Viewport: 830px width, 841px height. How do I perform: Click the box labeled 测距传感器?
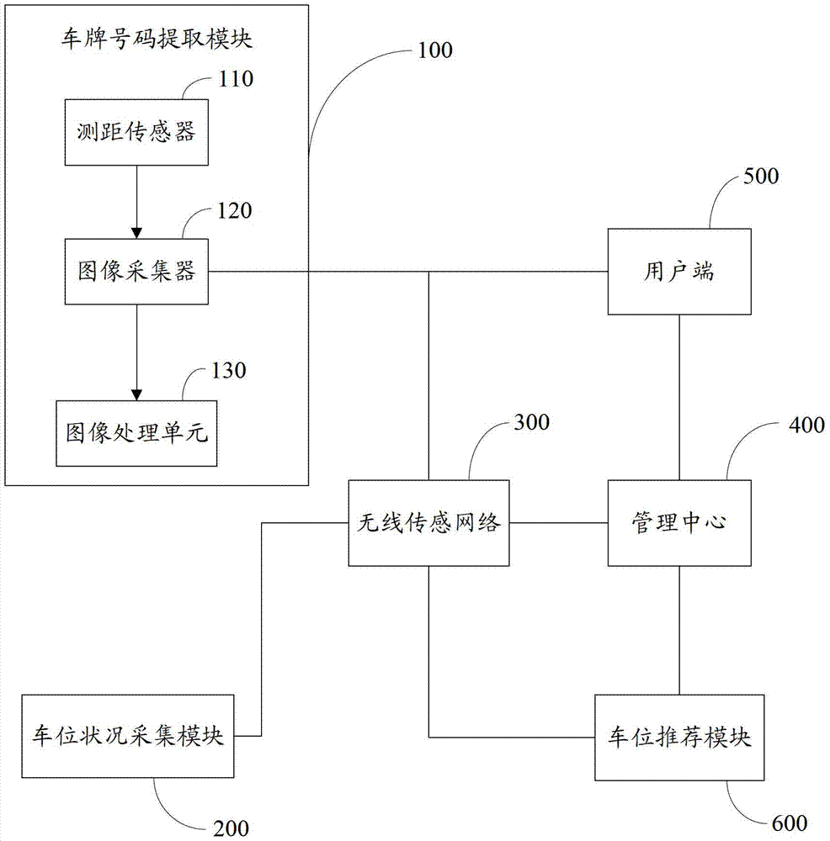click(x=136, y=132)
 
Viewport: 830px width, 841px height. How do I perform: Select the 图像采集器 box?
click(x=136, y=272)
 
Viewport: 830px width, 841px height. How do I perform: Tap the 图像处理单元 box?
click(x=136, y=433)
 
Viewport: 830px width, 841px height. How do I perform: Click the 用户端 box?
click(x=679, y=272)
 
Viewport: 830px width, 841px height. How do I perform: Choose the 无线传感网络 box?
click(x=428, y=523)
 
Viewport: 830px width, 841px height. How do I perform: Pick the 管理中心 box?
click(x=679, y=523)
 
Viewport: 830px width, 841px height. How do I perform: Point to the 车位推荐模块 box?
click(x=679, y=738)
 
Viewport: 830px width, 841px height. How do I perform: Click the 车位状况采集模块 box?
click(x=128, y=736)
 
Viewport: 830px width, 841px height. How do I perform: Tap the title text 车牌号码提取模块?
click(x=157, y=40)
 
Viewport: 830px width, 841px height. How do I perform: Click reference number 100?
click(x=435, y=50)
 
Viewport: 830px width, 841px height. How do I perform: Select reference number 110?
click(x=236, y=79)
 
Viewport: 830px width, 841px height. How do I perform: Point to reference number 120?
click(x=234, y=211)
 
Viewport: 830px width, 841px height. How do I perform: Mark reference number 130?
click(x=229, y=371)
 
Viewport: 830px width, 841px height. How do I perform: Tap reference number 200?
click(x=231, y=828)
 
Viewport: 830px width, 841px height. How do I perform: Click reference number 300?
click(x=531, y=423)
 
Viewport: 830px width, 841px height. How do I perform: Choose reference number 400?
click(x=806, y=426)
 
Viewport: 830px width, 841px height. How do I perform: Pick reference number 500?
click(x=761, y=177)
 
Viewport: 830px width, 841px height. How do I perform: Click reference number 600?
click(x=790, y=823)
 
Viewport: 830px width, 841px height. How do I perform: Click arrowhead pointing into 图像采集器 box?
click(x=136, y=233)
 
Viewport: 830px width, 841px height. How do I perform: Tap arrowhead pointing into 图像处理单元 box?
click(x=136, y=394)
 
